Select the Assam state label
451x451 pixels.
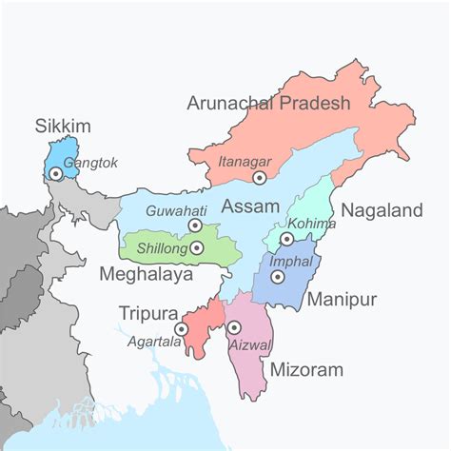point(250,206)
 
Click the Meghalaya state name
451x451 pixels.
point(146,275)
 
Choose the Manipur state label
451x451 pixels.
point(342,301)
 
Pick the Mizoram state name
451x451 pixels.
point(306,369)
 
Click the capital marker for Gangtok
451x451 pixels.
point(57,172)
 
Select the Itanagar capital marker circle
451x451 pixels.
point(259,177)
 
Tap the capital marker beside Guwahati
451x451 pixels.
point(195,225)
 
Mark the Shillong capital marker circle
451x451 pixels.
point(196,247)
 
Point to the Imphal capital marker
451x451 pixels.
point(277,277)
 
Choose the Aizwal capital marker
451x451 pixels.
point(234,328)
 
